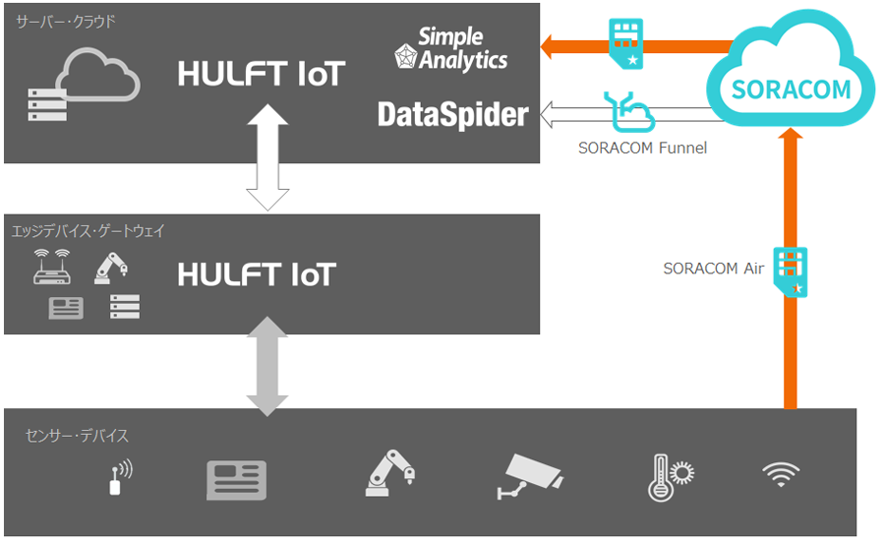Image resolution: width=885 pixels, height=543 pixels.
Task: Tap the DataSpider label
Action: click(x=452, y=115)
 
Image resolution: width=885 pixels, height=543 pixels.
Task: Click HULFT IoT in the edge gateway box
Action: click(x=257, y=274)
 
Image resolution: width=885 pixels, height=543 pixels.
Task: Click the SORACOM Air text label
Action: click(x=714, y=268)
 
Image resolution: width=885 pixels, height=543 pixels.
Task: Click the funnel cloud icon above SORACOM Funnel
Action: click(x=626, y=111)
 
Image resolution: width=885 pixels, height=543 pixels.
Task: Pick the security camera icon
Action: click(x=529, y=476)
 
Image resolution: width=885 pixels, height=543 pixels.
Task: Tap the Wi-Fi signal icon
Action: click(x=780, y=475)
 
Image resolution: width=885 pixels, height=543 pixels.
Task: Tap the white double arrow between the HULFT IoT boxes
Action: click(x=266, y=158)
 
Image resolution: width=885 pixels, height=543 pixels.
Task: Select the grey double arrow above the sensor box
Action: click(x=266, y=366)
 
